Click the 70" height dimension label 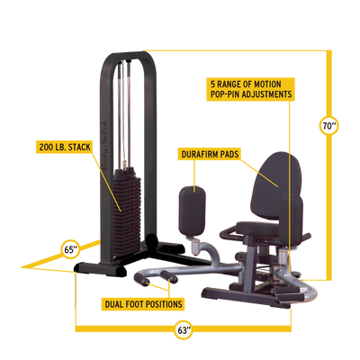(x=330, y=125)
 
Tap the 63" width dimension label (x=184, y=330)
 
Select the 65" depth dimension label (x=69, y=247)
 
